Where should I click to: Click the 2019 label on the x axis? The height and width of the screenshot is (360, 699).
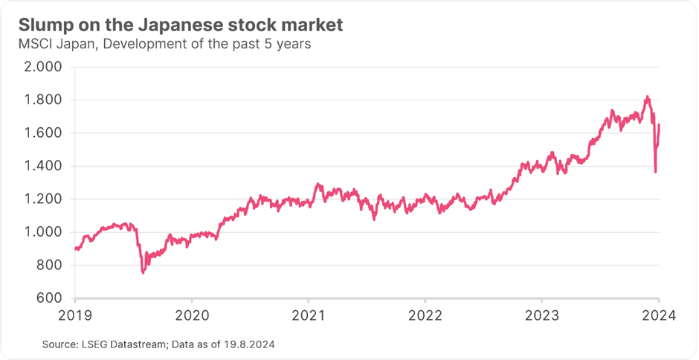(x=75, y=315)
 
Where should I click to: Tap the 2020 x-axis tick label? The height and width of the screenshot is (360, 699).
(x=191, y=315)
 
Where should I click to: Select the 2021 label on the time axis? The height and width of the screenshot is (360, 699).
(x=308, y=315)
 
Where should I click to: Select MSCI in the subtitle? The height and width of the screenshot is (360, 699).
(x=33, y=44)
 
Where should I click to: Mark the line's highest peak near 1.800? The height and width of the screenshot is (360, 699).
(x=648, y=97)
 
